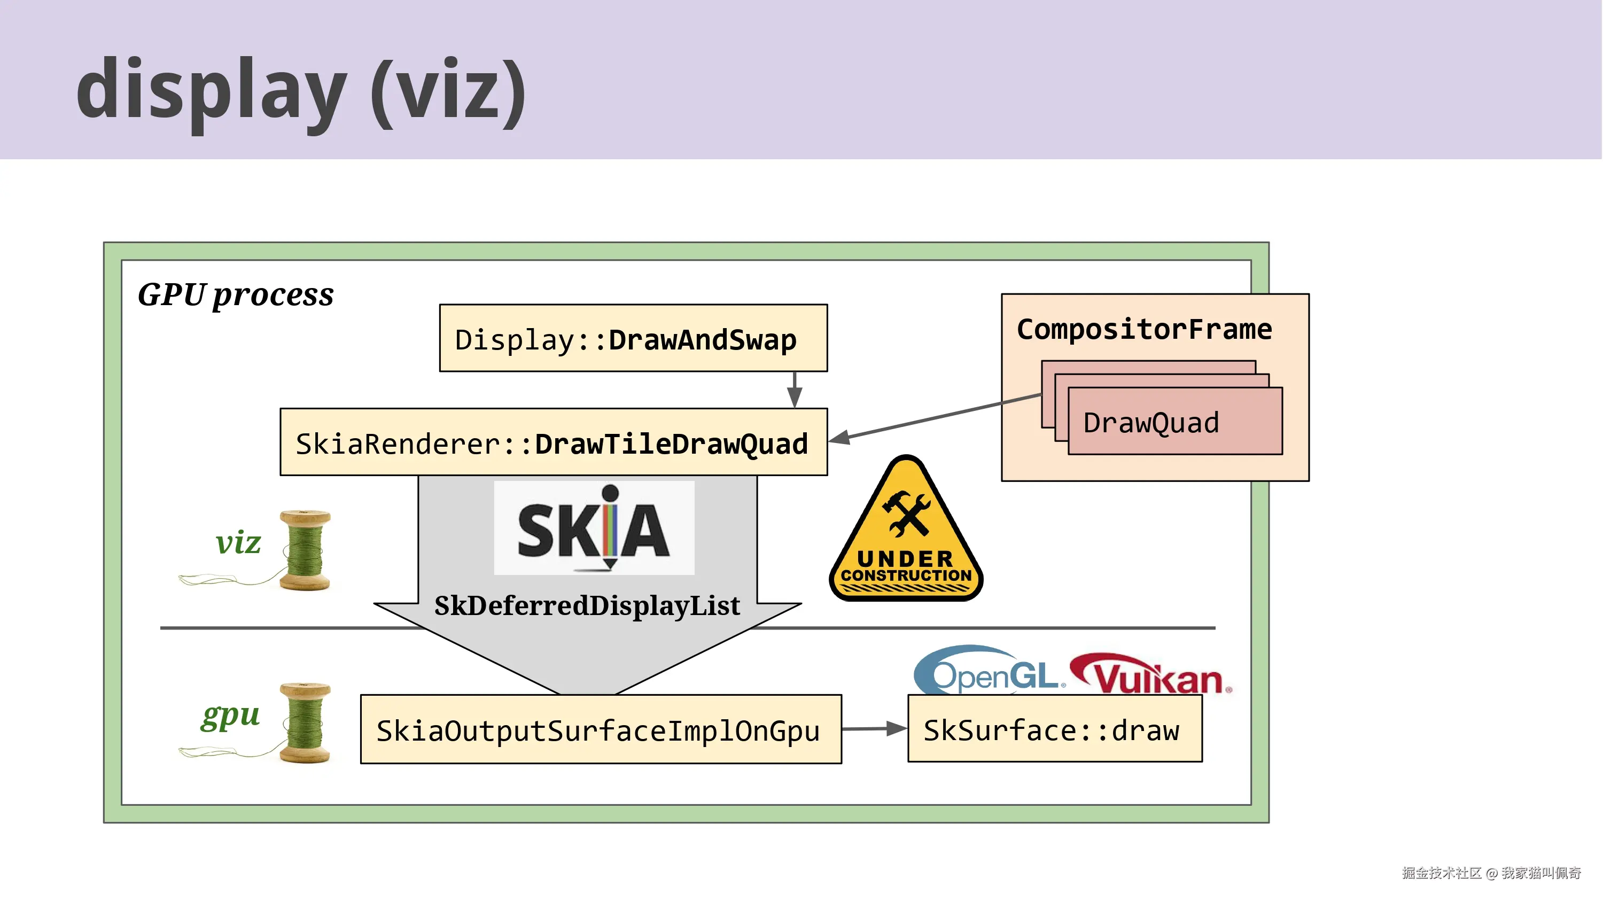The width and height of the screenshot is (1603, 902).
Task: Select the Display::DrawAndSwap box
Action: pos(634,338)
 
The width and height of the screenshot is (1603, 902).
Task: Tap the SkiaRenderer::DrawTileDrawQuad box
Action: pos(554,442)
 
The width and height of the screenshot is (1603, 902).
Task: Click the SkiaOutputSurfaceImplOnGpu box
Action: pos(601,729)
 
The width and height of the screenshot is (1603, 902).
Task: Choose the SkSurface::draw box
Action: pos(1055,728)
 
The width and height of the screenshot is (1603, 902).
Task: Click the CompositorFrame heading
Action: pos(1145,329)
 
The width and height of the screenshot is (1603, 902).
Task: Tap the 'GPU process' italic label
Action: pos(235,294)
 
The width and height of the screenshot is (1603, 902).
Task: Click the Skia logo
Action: pos(594,528)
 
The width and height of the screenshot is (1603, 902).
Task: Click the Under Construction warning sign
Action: pos(906,529)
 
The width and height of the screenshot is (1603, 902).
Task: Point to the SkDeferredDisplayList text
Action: pos(587,605)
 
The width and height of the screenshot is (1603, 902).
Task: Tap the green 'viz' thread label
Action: pos(238,542)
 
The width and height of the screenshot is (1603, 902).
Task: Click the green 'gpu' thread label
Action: pos(230,716)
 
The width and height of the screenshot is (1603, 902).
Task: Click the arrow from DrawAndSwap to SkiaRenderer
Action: pos(795,390)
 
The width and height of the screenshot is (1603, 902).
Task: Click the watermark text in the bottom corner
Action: pos(1491,873)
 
